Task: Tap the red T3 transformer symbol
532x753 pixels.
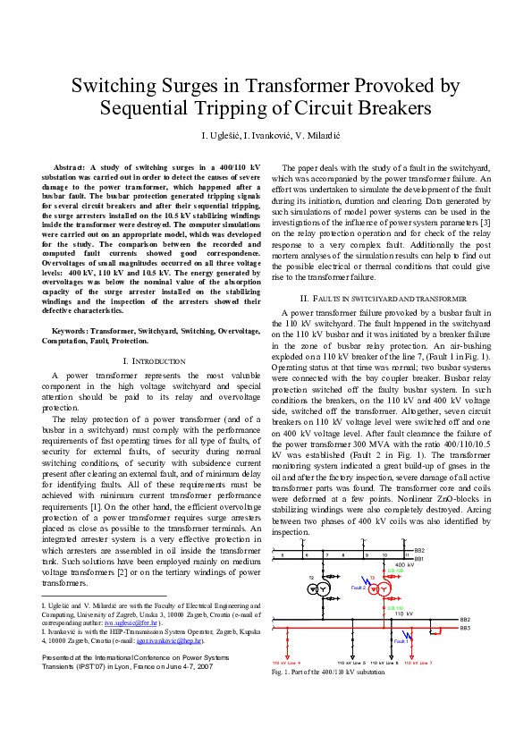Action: (x=382, y=589)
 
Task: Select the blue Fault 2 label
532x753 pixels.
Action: (x=359, y=588)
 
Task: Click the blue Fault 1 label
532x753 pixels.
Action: (x=401, y=640)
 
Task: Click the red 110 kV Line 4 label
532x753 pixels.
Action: (x=286, y=663)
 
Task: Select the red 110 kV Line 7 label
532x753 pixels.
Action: (x=418, y=663)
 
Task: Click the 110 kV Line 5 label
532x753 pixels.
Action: (x=351, y=663)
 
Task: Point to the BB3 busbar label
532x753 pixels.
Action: (x=465, y=629)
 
